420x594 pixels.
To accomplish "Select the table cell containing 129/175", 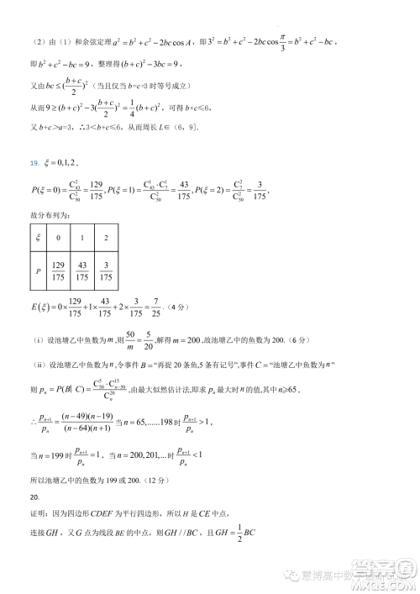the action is tap(59, 271).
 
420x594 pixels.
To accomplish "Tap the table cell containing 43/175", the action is tap(82, 271).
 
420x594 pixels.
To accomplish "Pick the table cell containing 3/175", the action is tap(105, 271).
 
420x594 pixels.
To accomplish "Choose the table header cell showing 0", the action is tap(59, 238).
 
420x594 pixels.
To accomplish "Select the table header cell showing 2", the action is tap(105, 238).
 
